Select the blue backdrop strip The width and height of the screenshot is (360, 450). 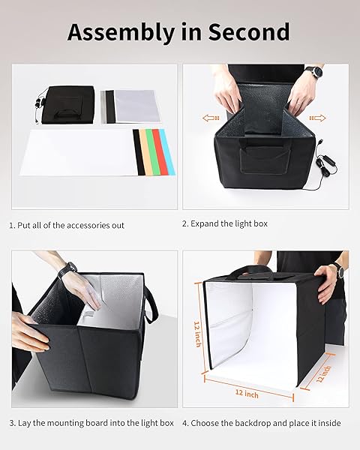169,152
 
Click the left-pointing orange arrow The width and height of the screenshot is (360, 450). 211,117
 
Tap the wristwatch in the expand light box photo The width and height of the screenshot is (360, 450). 313,73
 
